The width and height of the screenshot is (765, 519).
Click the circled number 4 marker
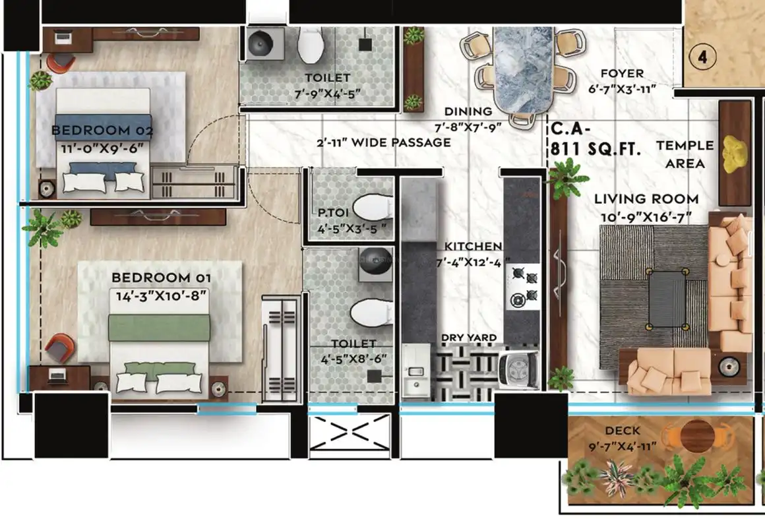click(702, 57)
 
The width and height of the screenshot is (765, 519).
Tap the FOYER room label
click(622, 73)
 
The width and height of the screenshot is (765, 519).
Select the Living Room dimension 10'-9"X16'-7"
click(646, 217)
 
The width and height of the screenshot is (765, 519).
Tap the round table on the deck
click(697, 436)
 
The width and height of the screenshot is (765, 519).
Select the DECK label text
click(623, 431)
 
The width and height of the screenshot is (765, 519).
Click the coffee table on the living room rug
click(667, 299)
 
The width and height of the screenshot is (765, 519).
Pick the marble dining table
click(524, 71)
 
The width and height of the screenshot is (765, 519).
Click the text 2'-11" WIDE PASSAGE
click(383, 142)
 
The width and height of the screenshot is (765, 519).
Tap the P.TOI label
click(330, 213)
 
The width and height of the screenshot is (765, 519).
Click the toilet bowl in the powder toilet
click(372, 208)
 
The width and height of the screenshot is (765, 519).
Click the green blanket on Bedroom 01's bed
click(159, 327)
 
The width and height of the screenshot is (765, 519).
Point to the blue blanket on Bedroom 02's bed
click(103, 128)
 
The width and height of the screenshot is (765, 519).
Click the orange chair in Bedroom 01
click(60, 348)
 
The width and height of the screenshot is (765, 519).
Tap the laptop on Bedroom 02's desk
click(63, 37)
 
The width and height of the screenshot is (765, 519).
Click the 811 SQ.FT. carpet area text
click(596, 149)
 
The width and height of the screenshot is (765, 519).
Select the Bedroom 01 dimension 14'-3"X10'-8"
click(161, 295)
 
